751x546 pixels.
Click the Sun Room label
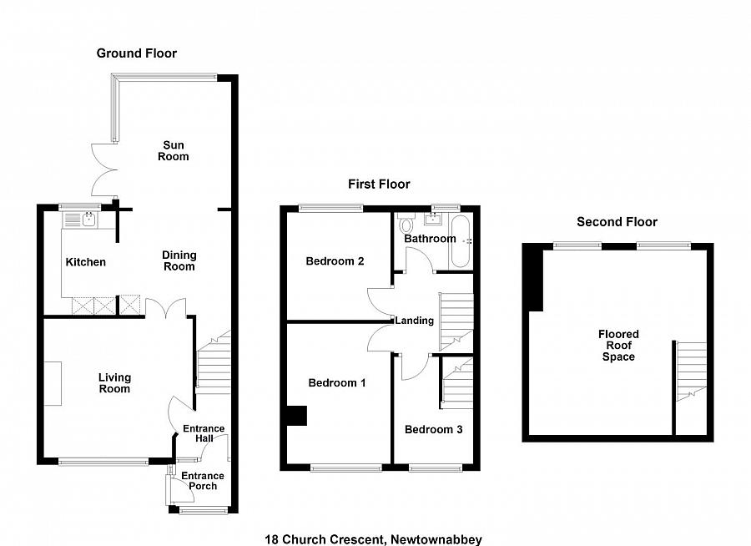(174, 150)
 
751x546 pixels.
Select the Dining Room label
(179, 260)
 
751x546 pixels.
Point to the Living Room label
(114, 383)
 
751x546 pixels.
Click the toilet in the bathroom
(406, 223)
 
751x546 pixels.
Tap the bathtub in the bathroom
(461, 241)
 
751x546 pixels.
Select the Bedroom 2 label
(335, 261)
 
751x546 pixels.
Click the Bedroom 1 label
(337, 383)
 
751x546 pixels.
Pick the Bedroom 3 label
(433, 429)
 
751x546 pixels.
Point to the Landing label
(414, 321)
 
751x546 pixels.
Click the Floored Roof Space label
(618, 345)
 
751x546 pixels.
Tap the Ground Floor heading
(137, 53)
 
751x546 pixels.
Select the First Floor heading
(379, 184)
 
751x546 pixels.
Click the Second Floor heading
(617, 222)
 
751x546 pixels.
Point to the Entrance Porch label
(203, 481)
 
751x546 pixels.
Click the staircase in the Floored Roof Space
(691, 372)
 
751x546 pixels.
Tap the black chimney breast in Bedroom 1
(296, 416)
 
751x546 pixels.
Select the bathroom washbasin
(433, 220)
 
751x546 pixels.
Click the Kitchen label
(85, 262)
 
